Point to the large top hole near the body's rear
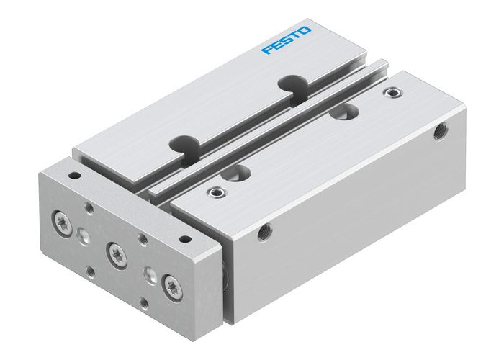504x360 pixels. coord(347,112)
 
